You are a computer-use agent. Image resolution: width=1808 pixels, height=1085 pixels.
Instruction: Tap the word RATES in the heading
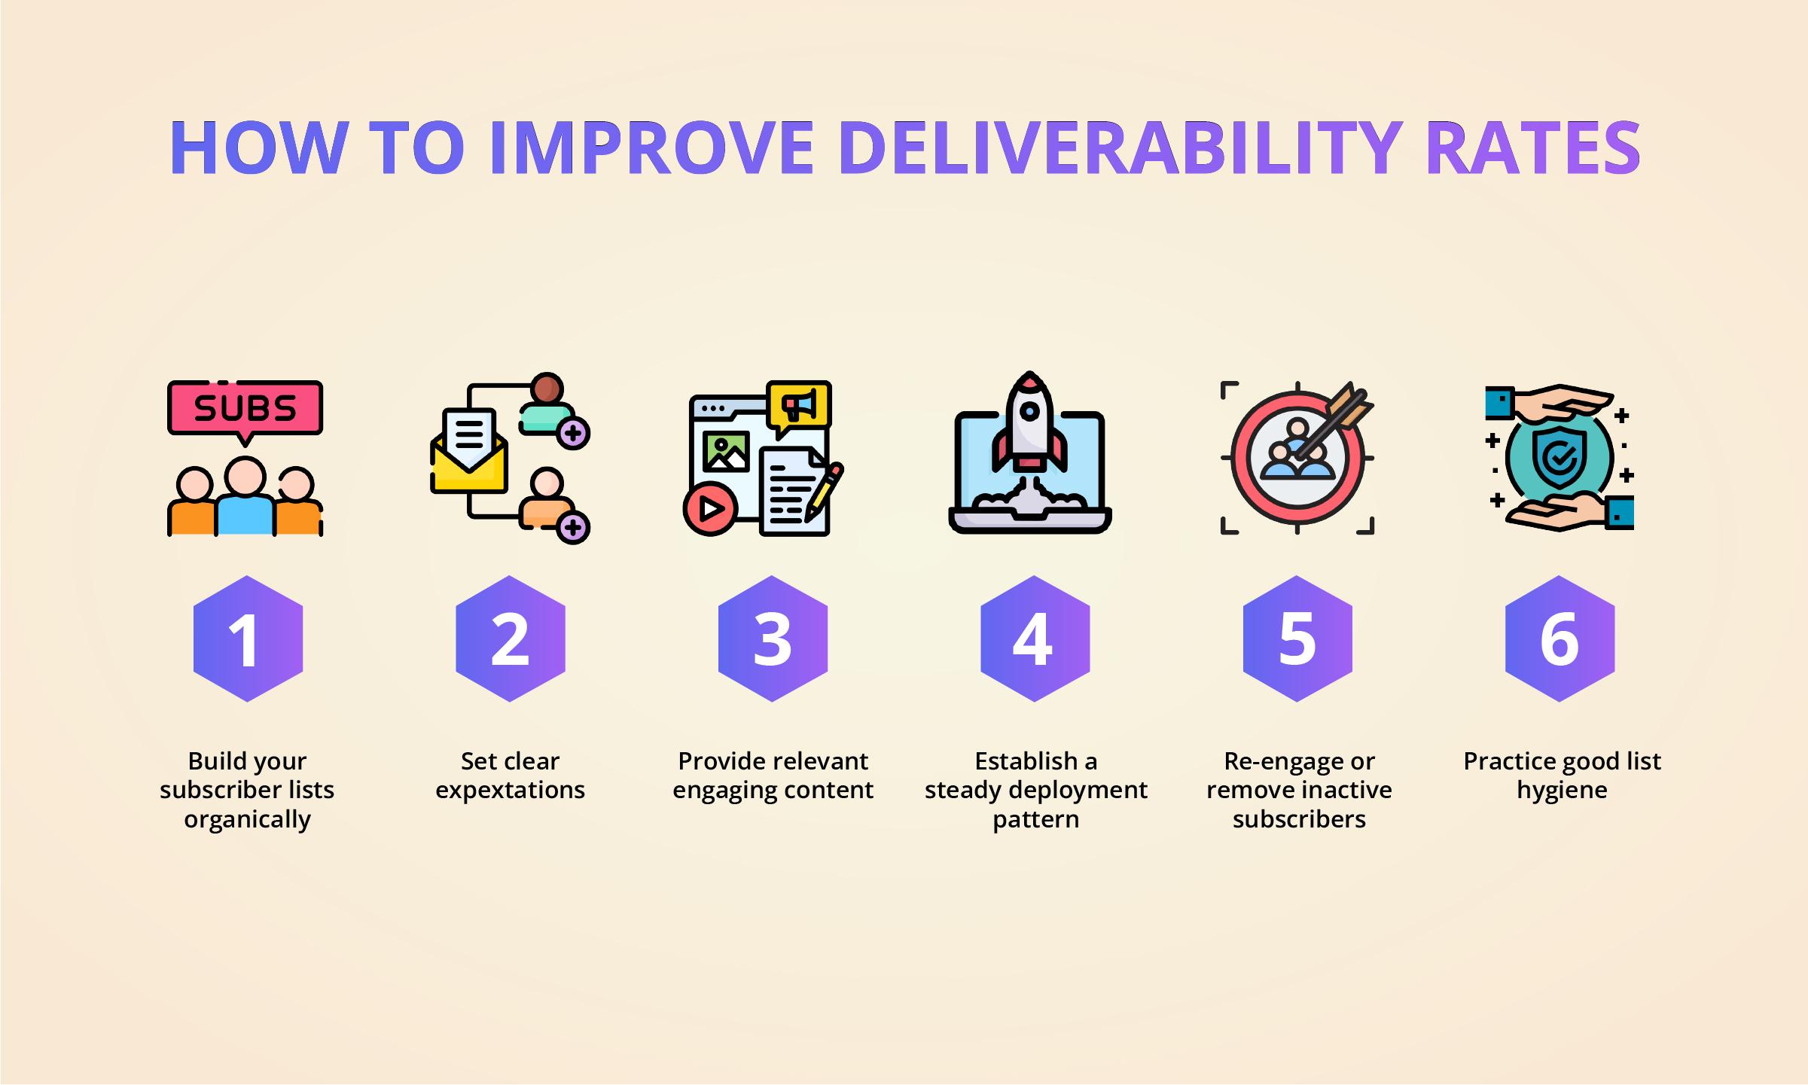pos(1532,148)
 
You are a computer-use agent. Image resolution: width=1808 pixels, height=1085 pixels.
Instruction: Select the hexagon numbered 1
pos(248,639)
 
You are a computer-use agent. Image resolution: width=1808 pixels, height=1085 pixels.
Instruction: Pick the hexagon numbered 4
pos(1035,639)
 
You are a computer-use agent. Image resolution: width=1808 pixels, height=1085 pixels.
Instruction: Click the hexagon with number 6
pos(1560,639)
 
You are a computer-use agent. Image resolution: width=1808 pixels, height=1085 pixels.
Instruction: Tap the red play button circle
pos(709,510)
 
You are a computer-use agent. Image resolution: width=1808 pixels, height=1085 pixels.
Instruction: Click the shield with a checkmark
pos(1560,457)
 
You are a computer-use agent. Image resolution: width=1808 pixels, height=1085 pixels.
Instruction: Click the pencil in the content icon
pos(824,492)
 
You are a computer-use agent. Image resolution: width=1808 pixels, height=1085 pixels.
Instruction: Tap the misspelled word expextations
pos(510,790)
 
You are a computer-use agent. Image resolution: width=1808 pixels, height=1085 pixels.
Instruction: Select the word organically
pos(247,819)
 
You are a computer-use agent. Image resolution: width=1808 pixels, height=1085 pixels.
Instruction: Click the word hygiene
pos(1562,790)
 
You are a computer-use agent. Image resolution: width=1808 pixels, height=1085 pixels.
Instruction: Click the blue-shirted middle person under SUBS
pos(245,497)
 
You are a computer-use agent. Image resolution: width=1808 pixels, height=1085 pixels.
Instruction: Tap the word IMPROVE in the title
pos(651,148)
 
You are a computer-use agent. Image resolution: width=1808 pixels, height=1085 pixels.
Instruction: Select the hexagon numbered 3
pos(773,639)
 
